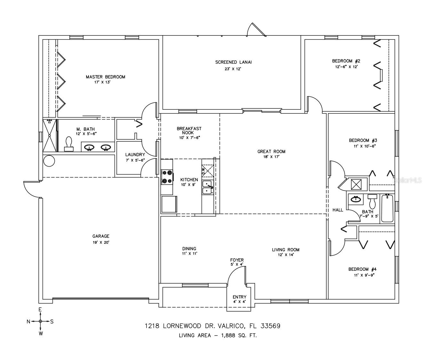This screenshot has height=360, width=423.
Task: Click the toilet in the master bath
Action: pos(69,144)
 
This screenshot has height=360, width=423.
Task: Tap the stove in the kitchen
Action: pos(167,177)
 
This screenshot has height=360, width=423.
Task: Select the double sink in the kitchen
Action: pos(208,187)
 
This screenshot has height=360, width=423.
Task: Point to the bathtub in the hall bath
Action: pos(387,208)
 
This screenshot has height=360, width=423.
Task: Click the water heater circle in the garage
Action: pos(49,161)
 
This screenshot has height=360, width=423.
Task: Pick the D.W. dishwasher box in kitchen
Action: pos(208,171)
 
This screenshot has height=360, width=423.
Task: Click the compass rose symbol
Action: pos(40,321)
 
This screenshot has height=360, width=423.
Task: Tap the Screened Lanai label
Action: pos(233,62)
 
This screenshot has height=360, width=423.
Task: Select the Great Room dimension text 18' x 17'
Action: pos(271,157)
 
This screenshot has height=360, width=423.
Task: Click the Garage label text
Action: pos(101,236)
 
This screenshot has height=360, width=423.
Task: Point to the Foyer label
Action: pos(237,260)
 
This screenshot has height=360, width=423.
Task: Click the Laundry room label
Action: pos(135,154)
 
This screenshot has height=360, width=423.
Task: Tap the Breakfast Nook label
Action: pos(189,131)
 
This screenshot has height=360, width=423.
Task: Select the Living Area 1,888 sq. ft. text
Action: pos(218,335)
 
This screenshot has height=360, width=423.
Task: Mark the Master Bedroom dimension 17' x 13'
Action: pos(102,82)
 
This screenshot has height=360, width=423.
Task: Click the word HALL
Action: pos(338,210)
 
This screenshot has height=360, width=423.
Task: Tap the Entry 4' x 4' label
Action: pos(239,299)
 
